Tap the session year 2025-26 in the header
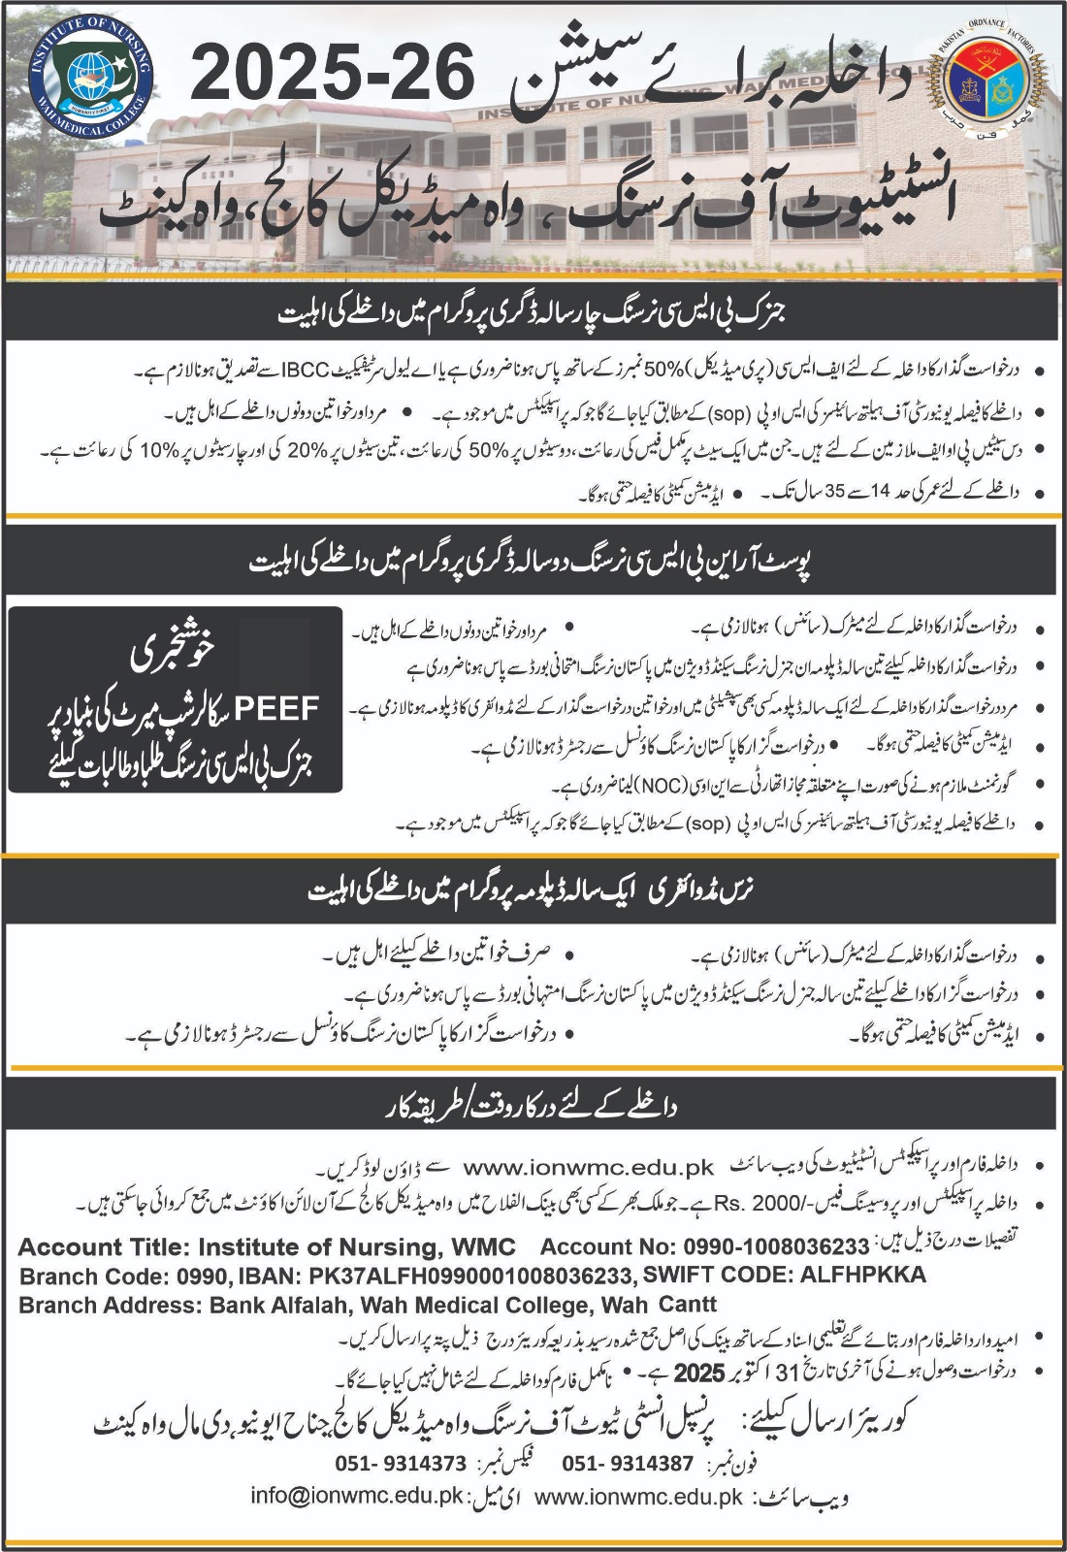click(x=333, y=77)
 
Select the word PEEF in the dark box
click(x=276, y=708)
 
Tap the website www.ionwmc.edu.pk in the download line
click(x=589, y=1168)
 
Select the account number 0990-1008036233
click(x=775, y=1246)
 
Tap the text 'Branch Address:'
click(x=111, y=1305)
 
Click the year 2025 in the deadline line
click(x=699, y=1374)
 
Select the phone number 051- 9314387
click(x=628, y=1463)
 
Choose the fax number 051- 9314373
click(x=401, y=1463)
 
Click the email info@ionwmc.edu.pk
click(x=358, y=1495)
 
